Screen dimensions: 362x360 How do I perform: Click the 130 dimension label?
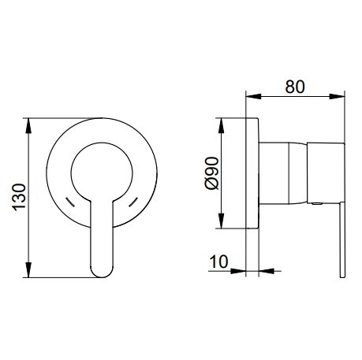point(20,197)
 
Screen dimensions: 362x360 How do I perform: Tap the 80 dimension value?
point(295,87)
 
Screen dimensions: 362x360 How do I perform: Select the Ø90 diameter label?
point(212,173)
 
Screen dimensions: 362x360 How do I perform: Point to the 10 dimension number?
point(218,262)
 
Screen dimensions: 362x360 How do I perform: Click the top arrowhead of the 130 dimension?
point(28,126)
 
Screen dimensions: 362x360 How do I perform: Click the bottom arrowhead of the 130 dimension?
point(28,269)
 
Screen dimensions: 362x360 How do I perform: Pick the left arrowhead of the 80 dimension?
point(253,96)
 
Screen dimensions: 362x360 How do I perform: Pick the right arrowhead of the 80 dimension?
point(337,96)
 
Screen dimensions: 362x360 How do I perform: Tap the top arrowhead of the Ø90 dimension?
point(222,126)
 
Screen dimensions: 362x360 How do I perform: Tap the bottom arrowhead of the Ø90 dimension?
point(222,221)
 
